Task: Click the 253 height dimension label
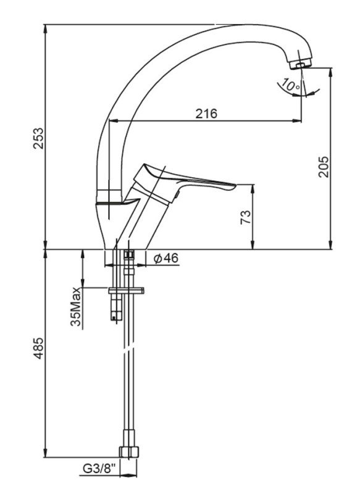click(38, 138)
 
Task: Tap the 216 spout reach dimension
click(206, 114)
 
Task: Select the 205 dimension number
click(323, 167)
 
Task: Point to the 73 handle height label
click(246, 217)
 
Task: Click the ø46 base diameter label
click(166, 258)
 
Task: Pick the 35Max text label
click(76, 306)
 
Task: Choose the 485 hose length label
click(38, 348)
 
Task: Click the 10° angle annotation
click(290, 85)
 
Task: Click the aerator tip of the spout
click(302, 64)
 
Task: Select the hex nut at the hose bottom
click(129, 451)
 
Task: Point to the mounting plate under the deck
click(126, 290)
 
